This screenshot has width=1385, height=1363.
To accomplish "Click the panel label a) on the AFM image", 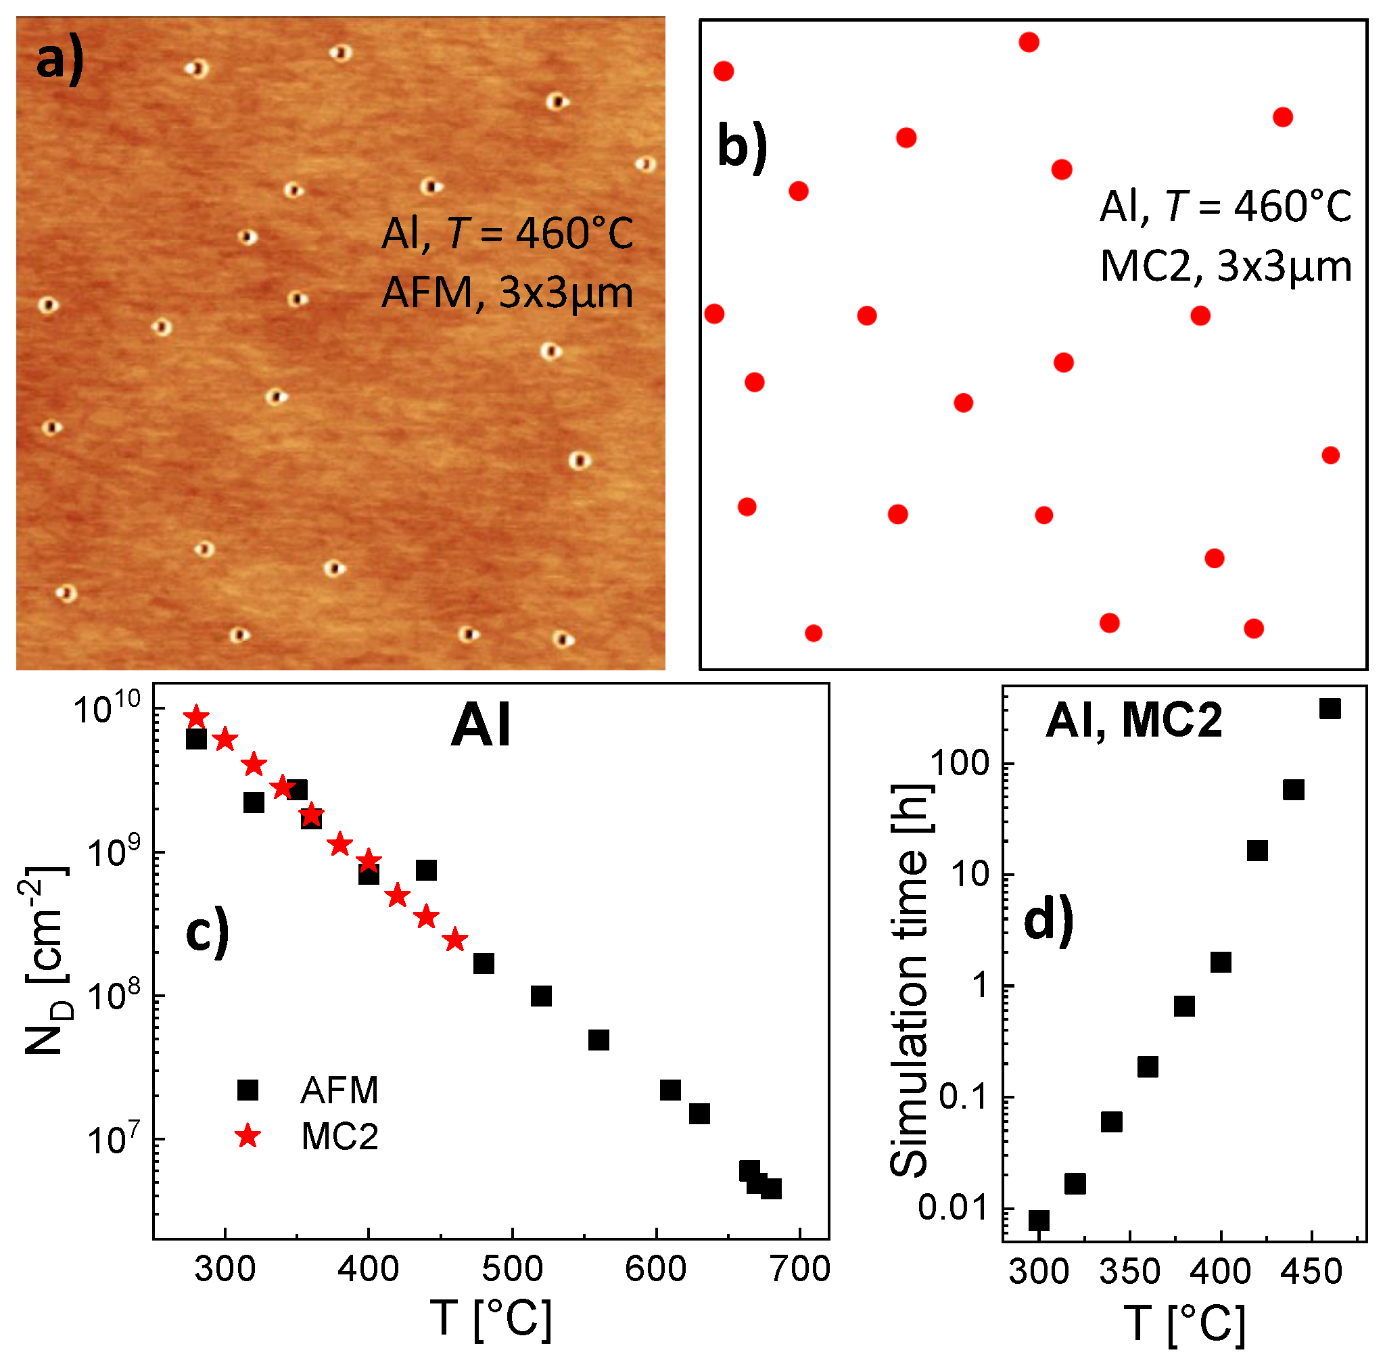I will point(60,60).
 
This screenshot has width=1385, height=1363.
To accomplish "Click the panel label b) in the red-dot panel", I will point(743,148).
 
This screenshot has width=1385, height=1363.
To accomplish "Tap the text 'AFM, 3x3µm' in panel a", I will point(507,294).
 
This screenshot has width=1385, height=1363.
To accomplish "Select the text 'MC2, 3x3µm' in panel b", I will point(1225,268).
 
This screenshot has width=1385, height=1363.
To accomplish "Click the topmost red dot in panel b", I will point(1029,42).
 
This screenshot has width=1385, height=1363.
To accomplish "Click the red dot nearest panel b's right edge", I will point(1330,455).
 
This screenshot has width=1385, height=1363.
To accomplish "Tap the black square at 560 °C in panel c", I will point(598,1040).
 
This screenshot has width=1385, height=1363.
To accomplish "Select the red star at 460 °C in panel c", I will point(455,940).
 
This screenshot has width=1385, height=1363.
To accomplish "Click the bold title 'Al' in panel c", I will point(481,726).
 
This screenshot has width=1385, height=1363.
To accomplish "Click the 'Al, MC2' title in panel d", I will point(1134,720).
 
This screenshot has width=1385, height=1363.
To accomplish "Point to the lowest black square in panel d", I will point(1039,1220).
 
